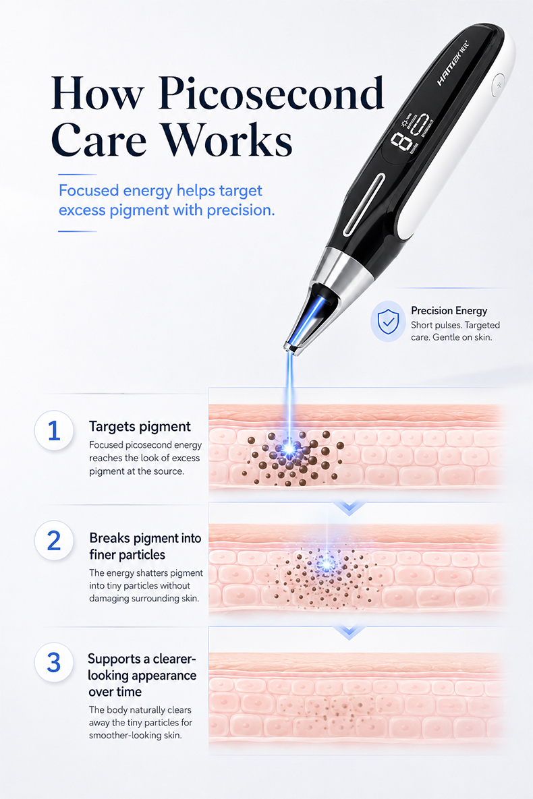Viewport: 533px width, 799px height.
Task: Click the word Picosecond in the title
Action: click(x=271, y=93)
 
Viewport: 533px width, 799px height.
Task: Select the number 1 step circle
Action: click(x=54, y=430)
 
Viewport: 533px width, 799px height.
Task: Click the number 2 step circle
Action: click(x=54, y=540)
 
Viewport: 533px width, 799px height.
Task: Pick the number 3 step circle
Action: click(x=54, y=662)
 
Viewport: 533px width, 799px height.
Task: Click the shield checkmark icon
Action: click(x=388, y=321)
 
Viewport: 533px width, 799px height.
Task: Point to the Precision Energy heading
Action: click(x=449, y=310)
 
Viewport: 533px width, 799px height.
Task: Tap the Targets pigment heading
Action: click(x=140, y=427)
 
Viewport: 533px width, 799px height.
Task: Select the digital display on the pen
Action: click(x=411, y=132)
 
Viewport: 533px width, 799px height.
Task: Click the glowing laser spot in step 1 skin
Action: click(x=289, y=448)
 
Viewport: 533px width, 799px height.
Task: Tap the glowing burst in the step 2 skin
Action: click(x=325, y=564)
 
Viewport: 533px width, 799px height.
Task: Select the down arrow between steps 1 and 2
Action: click(x=349, y=508)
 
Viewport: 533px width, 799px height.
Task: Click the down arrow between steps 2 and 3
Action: click(x=349, y=632)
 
